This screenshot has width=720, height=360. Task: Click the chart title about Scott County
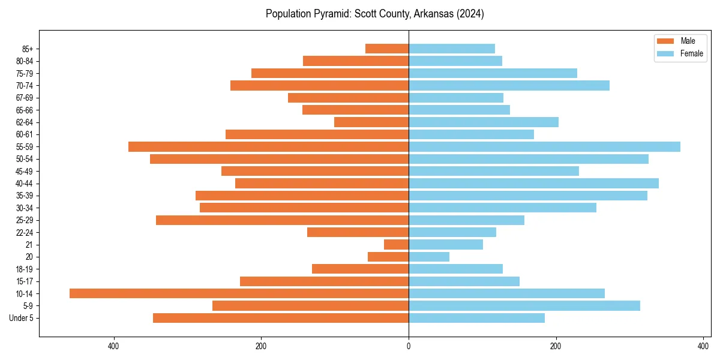click(x=374, y=14)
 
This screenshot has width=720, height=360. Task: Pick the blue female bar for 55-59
click(x=544, y=147)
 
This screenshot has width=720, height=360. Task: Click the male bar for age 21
click(x=396, y=245)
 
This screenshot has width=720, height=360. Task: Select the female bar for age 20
click(x=429, y=257)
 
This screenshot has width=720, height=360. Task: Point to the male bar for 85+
click(x=387, y=49)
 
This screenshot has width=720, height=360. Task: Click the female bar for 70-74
click(x=509, y=86)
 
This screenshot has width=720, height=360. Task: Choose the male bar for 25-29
click(x=282, y=220)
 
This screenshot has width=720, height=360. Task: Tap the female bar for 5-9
click(x=524, y=306)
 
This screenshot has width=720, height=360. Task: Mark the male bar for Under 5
click(x=281, y=318)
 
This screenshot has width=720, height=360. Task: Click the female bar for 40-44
click(x=533, y=184)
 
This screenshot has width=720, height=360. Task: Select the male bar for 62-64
click(x=371, y=122)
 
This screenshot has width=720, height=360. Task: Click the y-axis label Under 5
click(x=21, y=318)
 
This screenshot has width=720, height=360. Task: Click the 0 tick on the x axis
click(x=409, y=346)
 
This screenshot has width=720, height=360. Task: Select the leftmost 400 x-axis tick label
click(x=113, y=346)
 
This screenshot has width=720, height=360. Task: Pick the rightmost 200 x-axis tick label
click(x=556, y=346)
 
